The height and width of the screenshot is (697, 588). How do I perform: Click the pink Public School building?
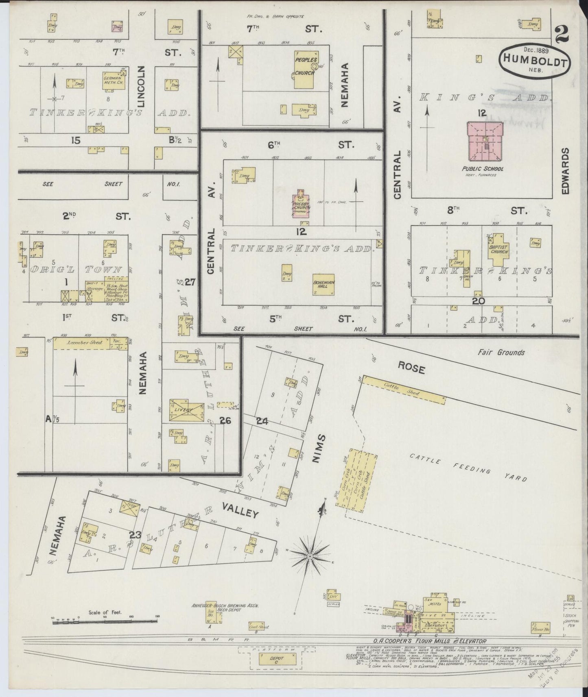pos(485,142)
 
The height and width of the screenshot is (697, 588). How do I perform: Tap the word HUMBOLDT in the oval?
pos(535,58)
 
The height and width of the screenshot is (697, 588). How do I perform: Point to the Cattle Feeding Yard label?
pos(468,468)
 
